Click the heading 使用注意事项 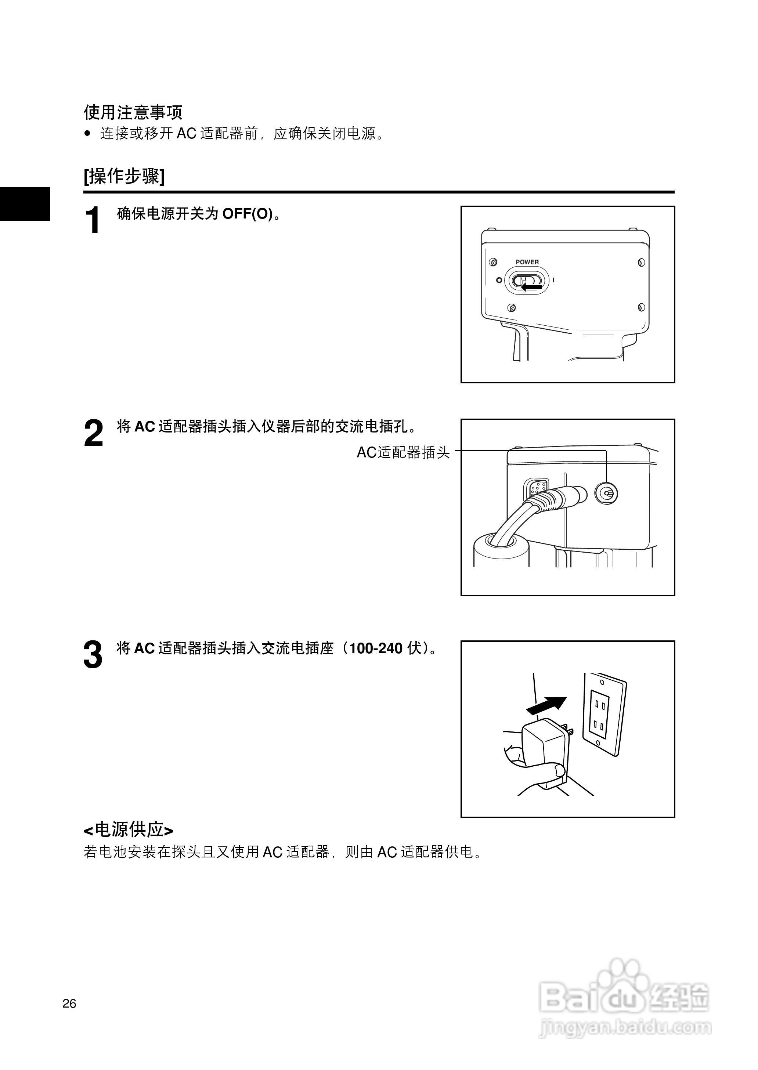pyautogui.click(x=133, y=112)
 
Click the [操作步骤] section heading pyautogui.click(x=124, y=176)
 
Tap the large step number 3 pyautogui.click(x=93, y=655)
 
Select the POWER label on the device pyautogui.click(x=527, y=262)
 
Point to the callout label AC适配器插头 pyautogui.click(x=403, y=452)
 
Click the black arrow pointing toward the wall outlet pyautogui.click(x=546, y=705)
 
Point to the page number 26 pyautogui.click(x=69, y=1003)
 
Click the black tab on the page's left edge pyautogui.click(x=25, y=203)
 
